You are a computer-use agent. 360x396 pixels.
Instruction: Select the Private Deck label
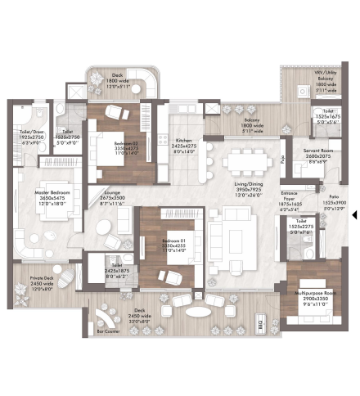pyautogui.click(x=43, y=278)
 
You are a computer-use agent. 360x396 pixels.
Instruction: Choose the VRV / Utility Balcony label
pyautogui.click(x=326, y=74)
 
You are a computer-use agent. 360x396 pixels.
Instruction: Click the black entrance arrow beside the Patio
pyautogui.click(x=353, y=215)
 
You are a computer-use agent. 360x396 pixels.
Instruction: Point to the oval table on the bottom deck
pyautogui.click(x=196, y=312)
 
